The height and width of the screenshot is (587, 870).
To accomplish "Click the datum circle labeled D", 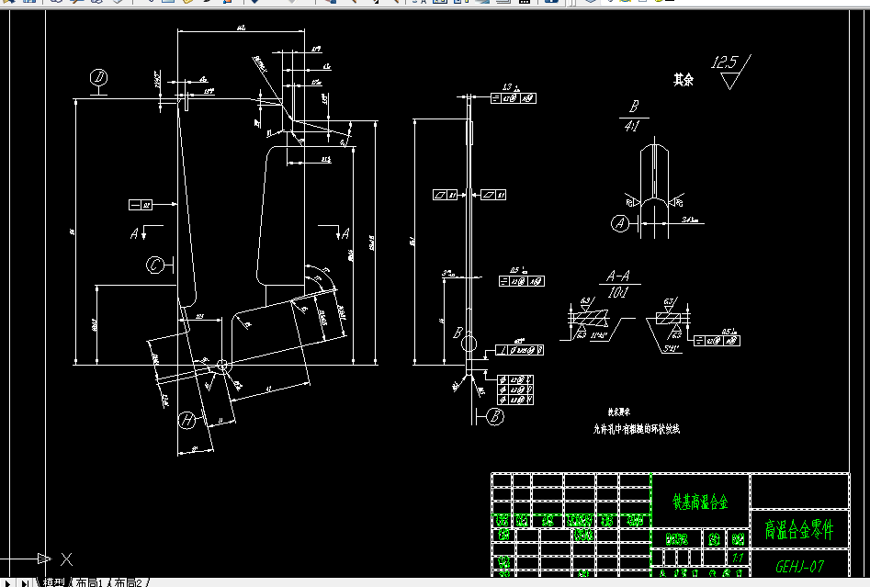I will [99, 77].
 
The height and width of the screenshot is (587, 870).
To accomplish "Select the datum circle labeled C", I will [156, 265].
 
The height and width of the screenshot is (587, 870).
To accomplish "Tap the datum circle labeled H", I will [187, 420].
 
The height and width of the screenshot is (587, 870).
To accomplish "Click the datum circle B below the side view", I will [495, 416].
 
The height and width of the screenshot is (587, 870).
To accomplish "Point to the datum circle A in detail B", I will [621, 222].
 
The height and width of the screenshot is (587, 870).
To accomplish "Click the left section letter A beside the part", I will [134, 233].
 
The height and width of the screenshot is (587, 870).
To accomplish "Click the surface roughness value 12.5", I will [724, 62].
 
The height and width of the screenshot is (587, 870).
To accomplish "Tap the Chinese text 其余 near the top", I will [683, 80].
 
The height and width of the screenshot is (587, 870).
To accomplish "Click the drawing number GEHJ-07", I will [799, 566].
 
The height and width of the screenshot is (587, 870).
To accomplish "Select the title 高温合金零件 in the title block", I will [799, 530].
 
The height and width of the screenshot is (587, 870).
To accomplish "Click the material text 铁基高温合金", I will [700, 502].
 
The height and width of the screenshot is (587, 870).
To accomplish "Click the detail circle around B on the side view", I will [469, 344].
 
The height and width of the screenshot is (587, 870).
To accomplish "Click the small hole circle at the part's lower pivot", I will [220, 366].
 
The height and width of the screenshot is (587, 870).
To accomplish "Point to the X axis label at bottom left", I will [66, 558].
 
